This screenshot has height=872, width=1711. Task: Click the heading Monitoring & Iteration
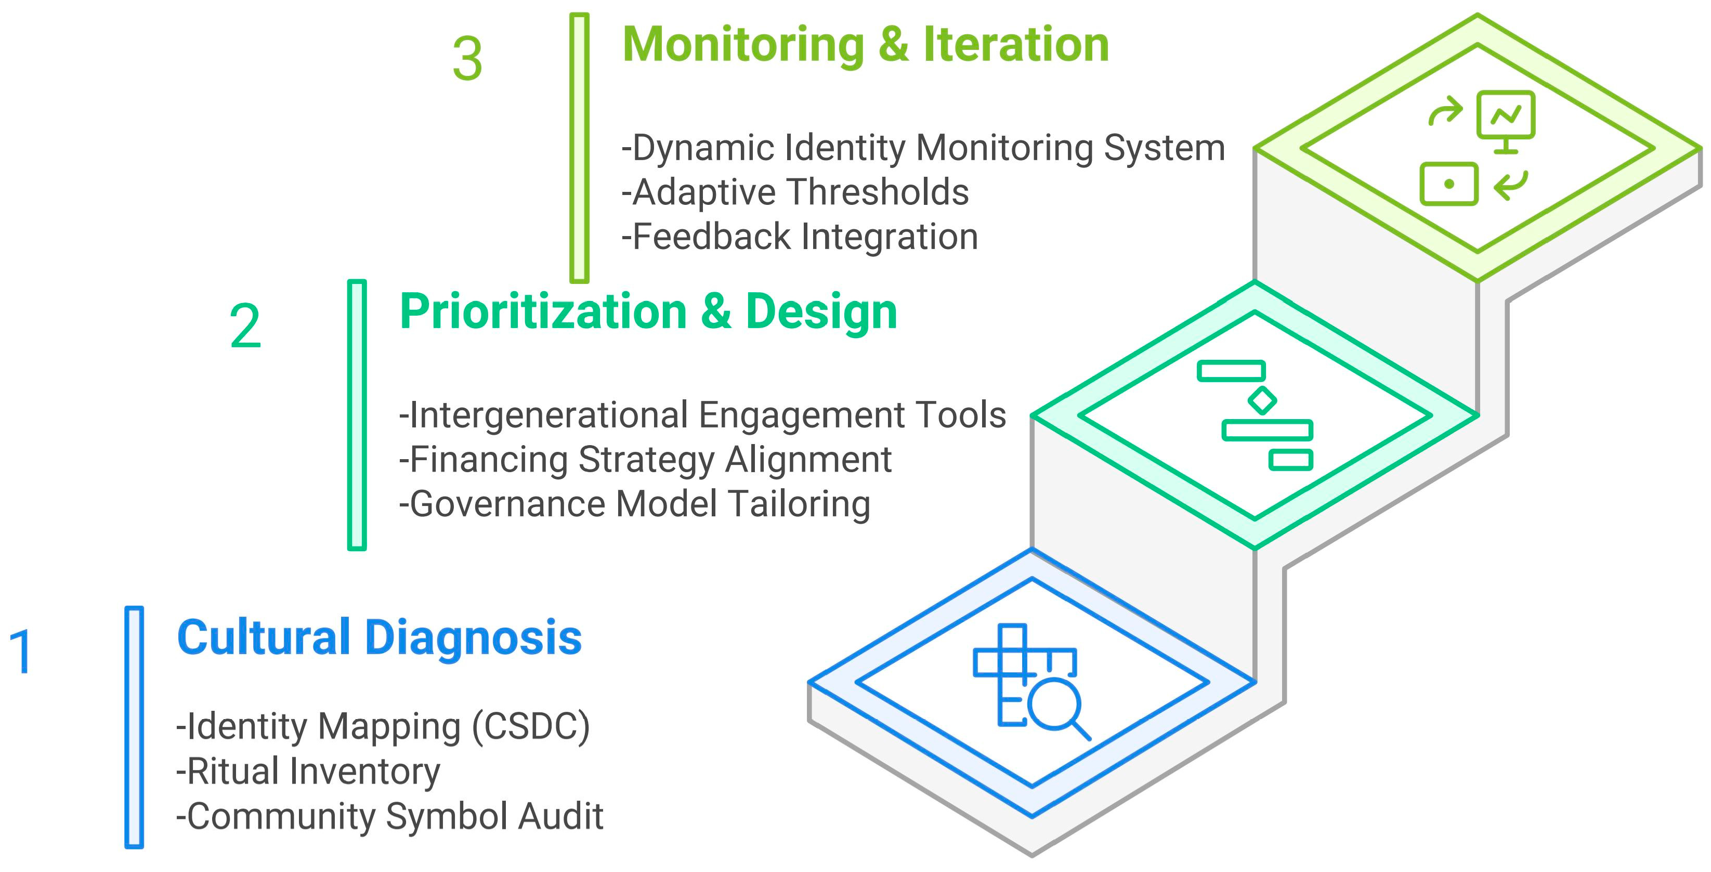pos(865,45)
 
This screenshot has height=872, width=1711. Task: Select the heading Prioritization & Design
pos(648,311)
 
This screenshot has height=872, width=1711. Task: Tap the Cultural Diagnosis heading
pos(379,637)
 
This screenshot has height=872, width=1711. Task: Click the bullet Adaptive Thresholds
pos(795,192)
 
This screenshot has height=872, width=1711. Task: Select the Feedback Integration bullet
pos(800,237)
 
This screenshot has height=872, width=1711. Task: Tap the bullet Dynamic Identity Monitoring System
pos(923,148)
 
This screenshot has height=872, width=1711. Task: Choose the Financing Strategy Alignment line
pos(646,460)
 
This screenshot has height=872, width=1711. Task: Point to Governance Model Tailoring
pos(635,504)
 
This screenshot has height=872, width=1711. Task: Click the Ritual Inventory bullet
pos(308,772)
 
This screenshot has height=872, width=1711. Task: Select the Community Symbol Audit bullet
pos(390,816)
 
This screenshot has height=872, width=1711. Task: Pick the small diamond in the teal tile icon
pos(1261,400)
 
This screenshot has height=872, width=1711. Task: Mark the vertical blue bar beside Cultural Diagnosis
pos(134,727)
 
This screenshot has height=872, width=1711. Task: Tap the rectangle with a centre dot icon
pos(1448,184)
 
